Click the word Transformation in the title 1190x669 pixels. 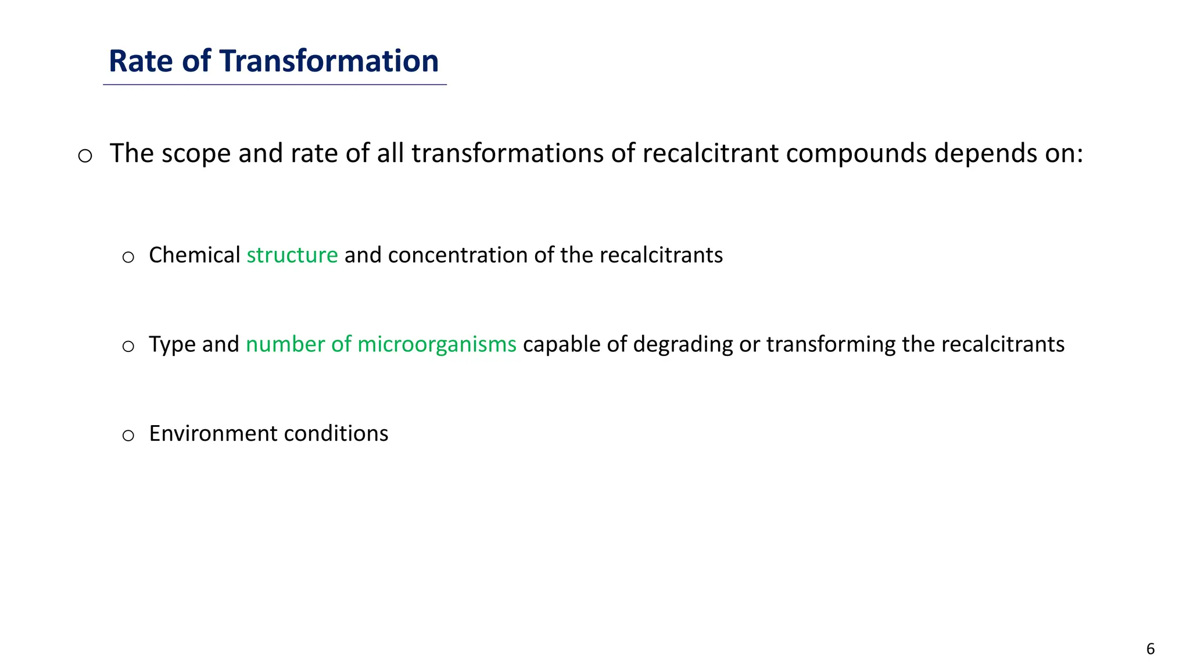(x=329, y=61)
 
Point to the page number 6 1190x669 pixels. (x=1150, y=649)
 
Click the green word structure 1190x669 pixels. (x=292, y=256)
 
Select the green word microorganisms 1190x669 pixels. (x=436, y=344)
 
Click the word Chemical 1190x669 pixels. (x=194, y=256)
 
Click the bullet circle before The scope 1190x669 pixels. (x=85, y=156)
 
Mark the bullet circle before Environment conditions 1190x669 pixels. (x=128, y=436)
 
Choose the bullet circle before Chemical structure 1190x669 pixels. (x=128, y=258)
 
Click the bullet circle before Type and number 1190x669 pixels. (x=128, y=347)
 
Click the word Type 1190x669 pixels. (x=172, y=344)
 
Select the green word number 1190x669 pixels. (x=285, y=344)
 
